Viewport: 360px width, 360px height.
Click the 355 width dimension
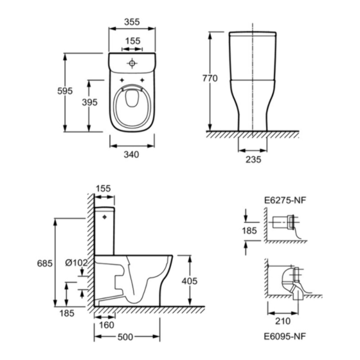[132, 22]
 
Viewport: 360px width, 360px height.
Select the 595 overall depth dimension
[65, 91]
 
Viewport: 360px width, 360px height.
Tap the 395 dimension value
[90, 102]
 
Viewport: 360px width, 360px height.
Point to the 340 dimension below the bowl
[131, 155]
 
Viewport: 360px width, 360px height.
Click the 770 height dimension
[210, 78]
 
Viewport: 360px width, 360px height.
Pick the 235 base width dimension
[253, 159]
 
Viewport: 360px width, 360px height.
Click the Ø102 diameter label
[76, 263]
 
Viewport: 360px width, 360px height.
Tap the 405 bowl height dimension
[189, 281]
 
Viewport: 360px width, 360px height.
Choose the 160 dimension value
[107, 325]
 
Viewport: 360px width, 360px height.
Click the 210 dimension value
[283, 321]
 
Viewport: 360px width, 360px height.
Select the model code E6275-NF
[285, 201]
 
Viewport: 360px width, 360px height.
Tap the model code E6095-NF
[285, 336]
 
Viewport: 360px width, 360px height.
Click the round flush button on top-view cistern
[132, 63]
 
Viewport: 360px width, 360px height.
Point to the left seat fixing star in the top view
[122, 80]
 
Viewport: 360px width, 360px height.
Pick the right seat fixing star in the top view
[142, 80]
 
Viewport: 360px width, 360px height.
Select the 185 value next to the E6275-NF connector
[249, 231]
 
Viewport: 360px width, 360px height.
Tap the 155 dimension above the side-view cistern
[103, 188]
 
